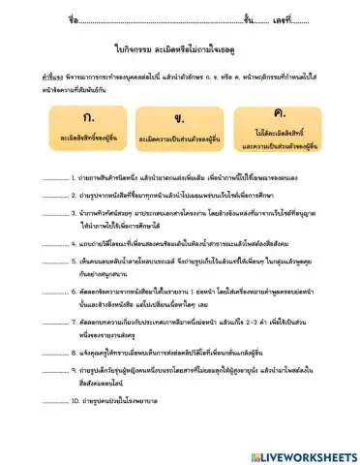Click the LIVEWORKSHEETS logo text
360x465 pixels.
tap(302, 455)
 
